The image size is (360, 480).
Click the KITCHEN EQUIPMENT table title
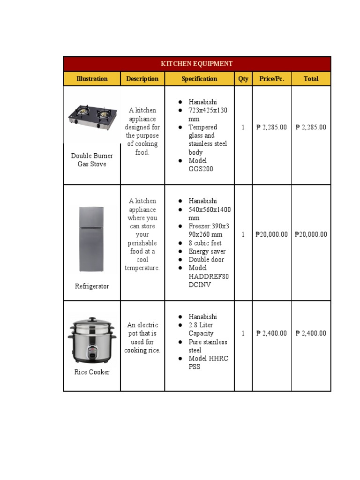[x=197, y=64]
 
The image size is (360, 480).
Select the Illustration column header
[x=92, y=79]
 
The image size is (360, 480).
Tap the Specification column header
[x=199, y=79]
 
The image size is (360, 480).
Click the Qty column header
[x=243, y=79]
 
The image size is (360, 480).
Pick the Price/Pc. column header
[x=272, y=79]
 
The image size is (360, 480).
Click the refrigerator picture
[x=91, y=239]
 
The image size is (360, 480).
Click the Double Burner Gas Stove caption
[x=92, y=160]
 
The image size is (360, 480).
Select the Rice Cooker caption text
[x=92, y=372]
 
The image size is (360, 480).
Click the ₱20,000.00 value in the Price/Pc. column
[x=272, y=234]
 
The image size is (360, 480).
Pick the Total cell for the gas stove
[x=311, y=127]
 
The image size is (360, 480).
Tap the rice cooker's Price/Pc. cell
[x=272, y=333]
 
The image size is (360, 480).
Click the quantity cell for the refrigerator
[x=243, y=234]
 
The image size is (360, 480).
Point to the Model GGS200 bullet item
[x=201, y=165]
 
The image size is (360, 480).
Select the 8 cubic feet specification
[x=205, y=243]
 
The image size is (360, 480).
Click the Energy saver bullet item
[x=207, y=251]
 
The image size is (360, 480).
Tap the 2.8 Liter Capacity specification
[x=201, y=329]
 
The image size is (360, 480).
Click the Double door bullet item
[x=206, y=260]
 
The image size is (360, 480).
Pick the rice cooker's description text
[x=142, y=337]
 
